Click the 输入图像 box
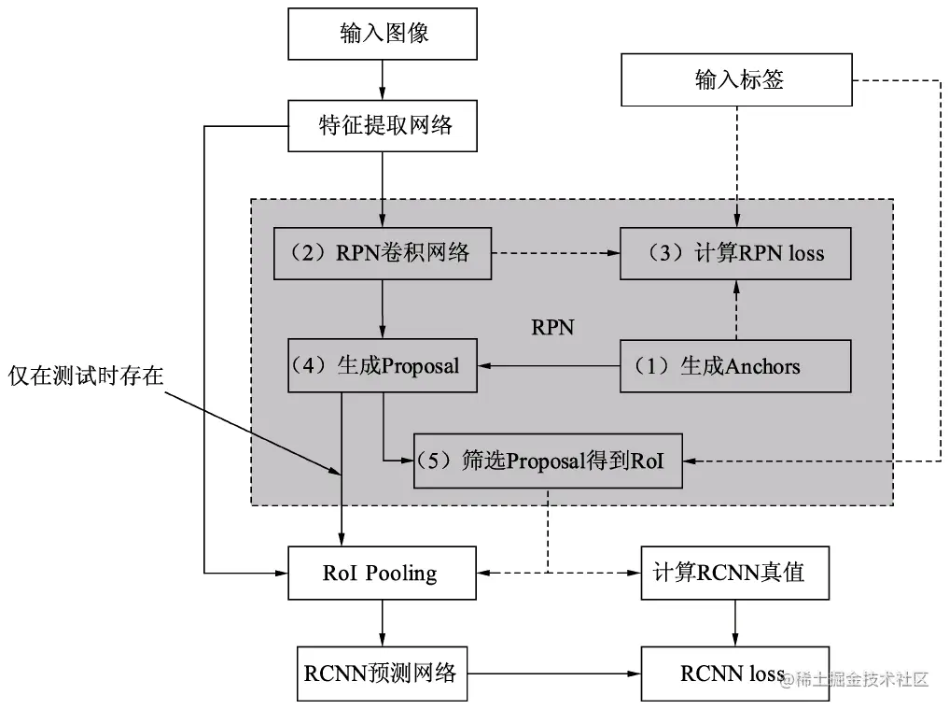tap(384, 35)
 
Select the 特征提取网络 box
tap(384, 126)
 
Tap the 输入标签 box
tap(738, 79)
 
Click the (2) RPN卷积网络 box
tap(383, 252)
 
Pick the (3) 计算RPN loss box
tap(735, 252)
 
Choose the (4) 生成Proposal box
tap(383, 365)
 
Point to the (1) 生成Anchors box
tap(735, 365)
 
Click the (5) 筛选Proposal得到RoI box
tap(548, 461)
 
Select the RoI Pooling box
tap(383, 572)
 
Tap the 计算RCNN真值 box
tap(735, 572)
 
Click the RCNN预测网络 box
tap(381, 672)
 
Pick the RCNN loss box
tap(733, 672)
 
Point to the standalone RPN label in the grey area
tap(552, 327)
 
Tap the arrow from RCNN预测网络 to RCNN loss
tap(552, 673)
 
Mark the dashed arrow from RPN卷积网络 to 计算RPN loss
tap(555, 252)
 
